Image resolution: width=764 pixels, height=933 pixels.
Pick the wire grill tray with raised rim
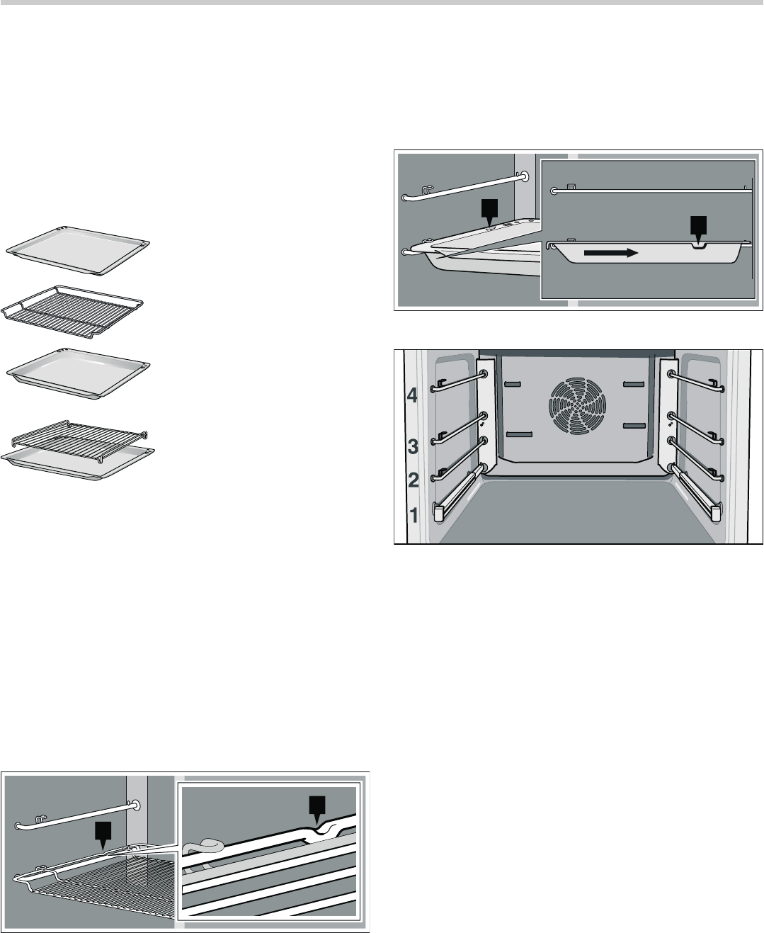coord(74,305)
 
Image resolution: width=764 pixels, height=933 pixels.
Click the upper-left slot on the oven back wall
coord(515,384)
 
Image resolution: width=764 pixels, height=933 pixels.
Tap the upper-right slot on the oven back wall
coord(633,384)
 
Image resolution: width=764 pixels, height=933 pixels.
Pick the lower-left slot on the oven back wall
coord(518,434)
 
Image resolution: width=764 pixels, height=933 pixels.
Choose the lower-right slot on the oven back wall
coord(633,425)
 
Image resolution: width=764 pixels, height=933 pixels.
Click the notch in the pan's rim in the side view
coord(700,245)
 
